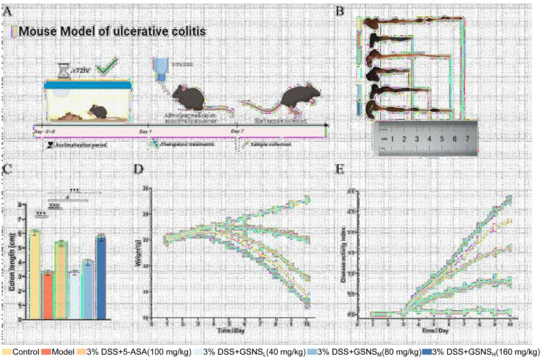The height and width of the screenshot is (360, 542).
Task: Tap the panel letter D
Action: pos(139,169)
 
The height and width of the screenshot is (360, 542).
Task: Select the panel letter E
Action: pos(340,169)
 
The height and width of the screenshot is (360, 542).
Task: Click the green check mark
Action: pos(104,69)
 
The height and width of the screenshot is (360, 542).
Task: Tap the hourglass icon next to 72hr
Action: pos(64,71)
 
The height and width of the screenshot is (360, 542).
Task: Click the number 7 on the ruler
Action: pos(468,139)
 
